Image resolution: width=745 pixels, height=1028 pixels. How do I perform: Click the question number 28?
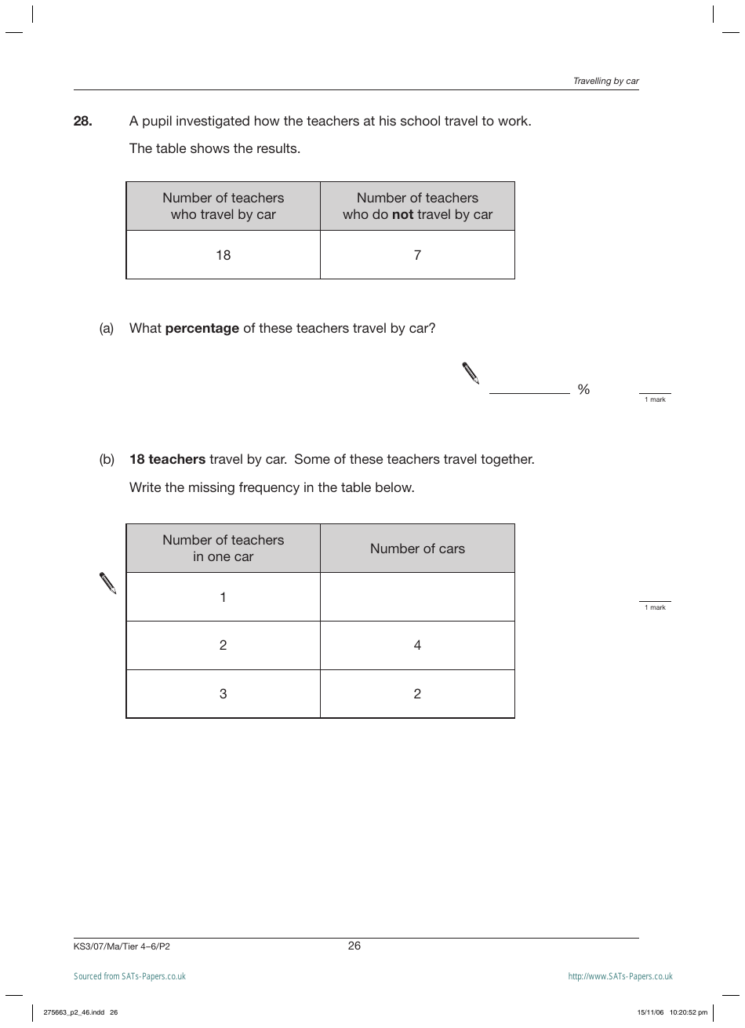point(83,122)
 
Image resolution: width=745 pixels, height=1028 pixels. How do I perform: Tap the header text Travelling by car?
point(605,81)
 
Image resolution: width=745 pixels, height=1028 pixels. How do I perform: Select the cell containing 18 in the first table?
point(223,255)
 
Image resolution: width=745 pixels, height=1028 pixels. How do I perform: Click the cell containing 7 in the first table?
point(417,255)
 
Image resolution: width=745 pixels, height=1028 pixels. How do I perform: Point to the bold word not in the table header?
point(402,215)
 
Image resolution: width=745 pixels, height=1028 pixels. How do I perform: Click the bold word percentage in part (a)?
point(202,329)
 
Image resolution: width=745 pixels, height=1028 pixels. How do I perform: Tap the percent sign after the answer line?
point(583,389)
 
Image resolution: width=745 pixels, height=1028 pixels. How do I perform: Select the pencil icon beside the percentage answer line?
point(471,374)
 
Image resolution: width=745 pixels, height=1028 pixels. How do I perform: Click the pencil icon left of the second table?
point(108,583)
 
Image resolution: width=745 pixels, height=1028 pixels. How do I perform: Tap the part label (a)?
point(107,329)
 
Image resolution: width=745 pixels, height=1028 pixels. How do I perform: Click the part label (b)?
point(107,460)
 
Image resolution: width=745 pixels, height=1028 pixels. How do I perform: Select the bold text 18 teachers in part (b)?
point(167,460)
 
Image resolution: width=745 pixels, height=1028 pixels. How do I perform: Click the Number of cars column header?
point(417,549)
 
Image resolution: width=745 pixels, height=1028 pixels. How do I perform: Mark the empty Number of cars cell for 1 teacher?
point(417,597)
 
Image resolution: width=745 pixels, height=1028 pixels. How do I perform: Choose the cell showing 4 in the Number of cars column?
point(417,646)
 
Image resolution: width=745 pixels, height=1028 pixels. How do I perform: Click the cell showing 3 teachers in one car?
point(223,694)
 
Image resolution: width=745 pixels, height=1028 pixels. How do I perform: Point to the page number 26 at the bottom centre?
point(354,946)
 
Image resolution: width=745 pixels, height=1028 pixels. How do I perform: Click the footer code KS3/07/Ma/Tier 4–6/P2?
point(122,946)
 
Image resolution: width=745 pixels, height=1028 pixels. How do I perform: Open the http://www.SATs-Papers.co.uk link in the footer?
point(620,976)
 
